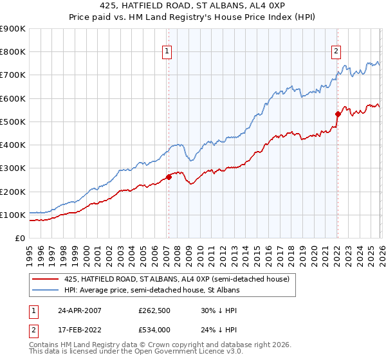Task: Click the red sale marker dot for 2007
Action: [x=169, y=177]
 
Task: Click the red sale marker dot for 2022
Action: [x=337, y=114]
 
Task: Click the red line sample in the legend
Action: [x=46, y=279]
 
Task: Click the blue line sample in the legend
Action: [x=46, y=291]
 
